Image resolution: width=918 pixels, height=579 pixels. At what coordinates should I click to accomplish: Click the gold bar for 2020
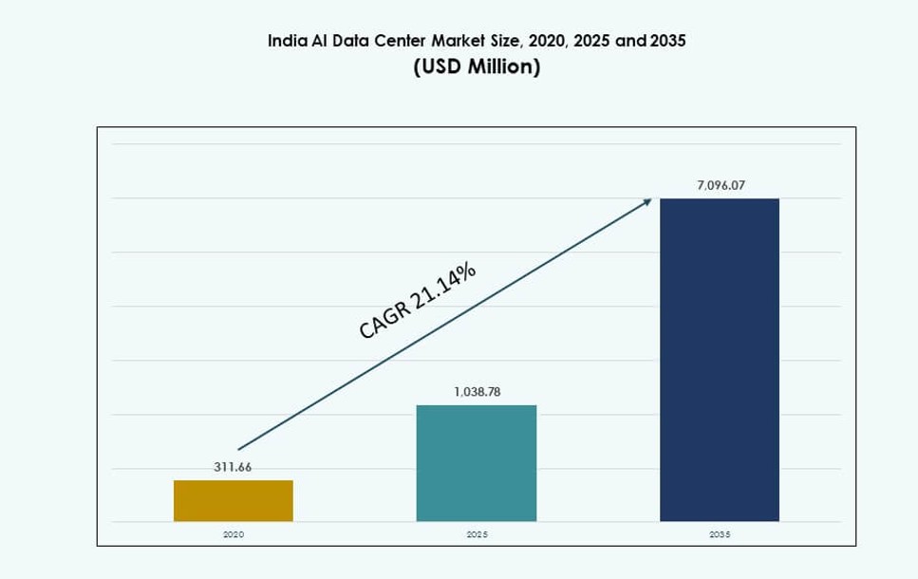234,500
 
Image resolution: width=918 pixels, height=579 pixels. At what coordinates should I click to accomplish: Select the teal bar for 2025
477,463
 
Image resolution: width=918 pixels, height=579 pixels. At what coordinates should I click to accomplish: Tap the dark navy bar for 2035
720,360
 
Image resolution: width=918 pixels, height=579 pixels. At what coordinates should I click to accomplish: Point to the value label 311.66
233,467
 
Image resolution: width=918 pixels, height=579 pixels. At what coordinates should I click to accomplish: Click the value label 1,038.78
477,391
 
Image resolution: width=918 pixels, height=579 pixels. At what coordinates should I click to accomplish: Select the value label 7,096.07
721,185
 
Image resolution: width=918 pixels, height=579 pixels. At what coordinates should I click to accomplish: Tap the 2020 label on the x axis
234,534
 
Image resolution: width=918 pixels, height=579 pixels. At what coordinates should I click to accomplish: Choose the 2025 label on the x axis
477,534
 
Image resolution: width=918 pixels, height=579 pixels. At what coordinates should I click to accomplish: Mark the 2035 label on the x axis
720,534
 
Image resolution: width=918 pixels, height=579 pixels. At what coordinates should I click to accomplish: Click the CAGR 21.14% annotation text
417,300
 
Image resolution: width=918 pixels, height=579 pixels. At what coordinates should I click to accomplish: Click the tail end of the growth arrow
239,448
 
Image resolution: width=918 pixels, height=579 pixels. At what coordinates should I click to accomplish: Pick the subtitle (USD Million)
477,67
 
